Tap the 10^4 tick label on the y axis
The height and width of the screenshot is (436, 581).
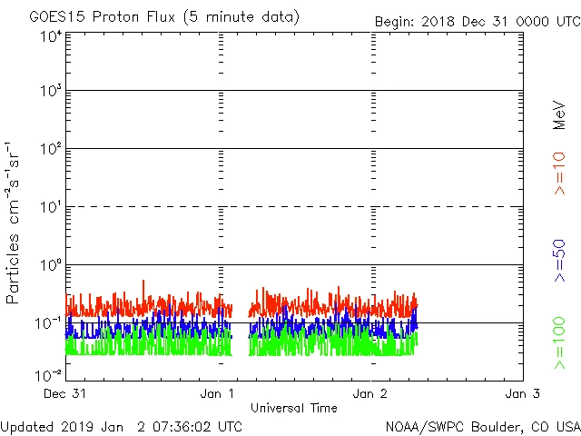(x=51, y=36)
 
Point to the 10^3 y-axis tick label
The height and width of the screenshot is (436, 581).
(x=51, y=91)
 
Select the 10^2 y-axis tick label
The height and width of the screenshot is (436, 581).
(x=51, y=149)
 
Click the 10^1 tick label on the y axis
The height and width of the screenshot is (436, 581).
(x=51, y=207)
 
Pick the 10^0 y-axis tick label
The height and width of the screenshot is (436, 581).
(x=51, y=265)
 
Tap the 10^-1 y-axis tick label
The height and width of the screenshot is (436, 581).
(x=49, y=323)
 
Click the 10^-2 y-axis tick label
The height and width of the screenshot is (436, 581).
(x=49, y=374)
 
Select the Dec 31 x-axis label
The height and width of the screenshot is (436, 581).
(x=66, y=393)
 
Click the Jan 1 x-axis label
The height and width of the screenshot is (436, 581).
(x=219, y=393)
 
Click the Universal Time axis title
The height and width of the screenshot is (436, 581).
(x=294, y=408)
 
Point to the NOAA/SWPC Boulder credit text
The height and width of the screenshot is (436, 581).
(x=482, y=426)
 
